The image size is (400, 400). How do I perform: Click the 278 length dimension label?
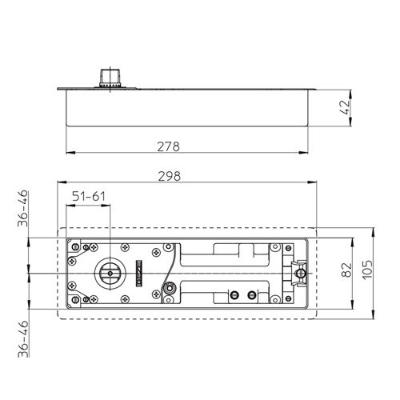pyautogui.click(x=168, y=146)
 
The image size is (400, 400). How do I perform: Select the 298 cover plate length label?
pyautogui.click(x=170, y=176)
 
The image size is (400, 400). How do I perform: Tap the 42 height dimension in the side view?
pyautogui.click(x=345, y=107)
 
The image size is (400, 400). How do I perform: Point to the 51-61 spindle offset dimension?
pyautogui.click(x=89, y=197)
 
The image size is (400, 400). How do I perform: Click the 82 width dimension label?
pyautogui.click(x=346, y=270)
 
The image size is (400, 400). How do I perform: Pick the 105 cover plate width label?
pyautogui.click(x=367, y=269)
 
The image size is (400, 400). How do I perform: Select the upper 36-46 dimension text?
pyautogui.click(x=22, y=208)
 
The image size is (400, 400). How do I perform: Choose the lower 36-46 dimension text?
pyautogui.click(x=23, y=338)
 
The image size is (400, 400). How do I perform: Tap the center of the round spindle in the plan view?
pyautogui.click(x=110, y=274)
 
